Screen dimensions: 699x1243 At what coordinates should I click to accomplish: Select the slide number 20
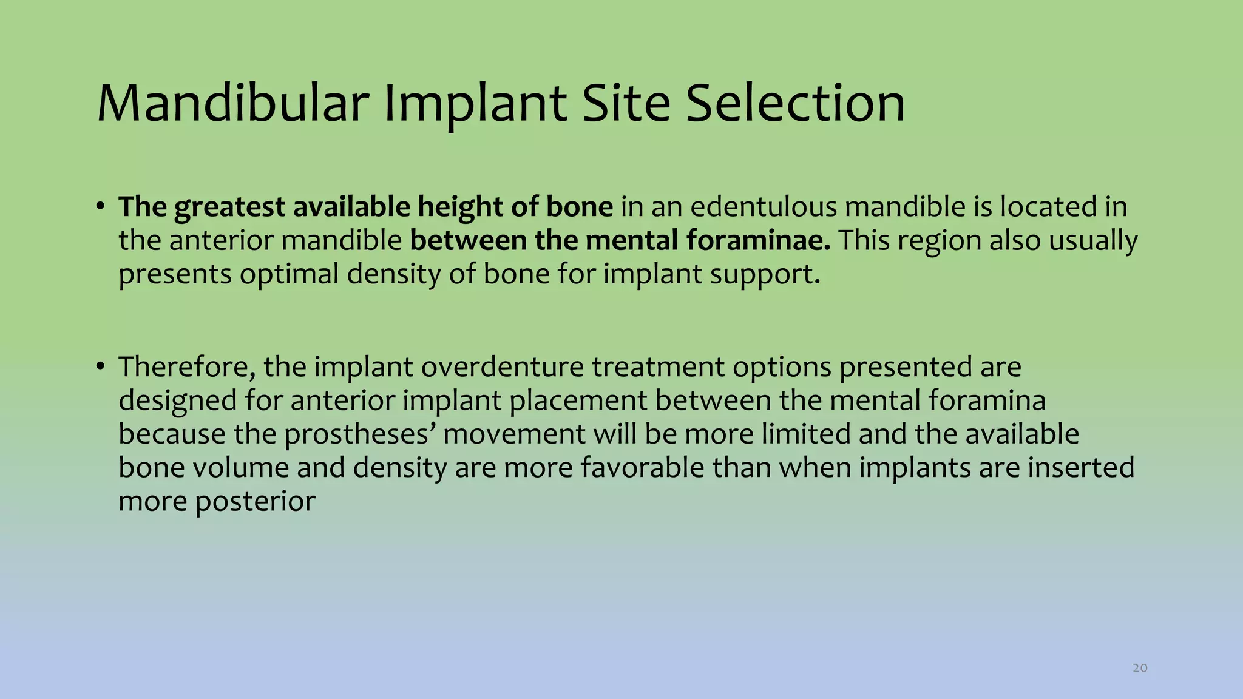[x=1140, y=668]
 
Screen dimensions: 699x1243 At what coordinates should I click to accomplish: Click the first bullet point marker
[x=101, y=207]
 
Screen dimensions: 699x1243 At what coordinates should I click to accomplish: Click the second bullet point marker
[x=101, y=367]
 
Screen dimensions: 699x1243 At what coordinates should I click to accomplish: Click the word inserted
[x=1080, y=468]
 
